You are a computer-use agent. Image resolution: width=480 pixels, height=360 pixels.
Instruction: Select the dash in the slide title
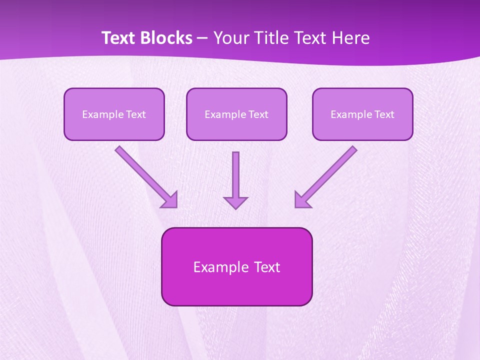click(202, 38)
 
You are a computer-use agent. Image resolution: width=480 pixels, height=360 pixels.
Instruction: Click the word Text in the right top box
click(384, 114)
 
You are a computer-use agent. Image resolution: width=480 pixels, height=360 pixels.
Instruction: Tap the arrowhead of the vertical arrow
click(235, 202)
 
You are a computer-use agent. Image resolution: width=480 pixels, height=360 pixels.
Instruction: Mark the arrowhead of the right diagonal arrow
click(301, 200)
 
